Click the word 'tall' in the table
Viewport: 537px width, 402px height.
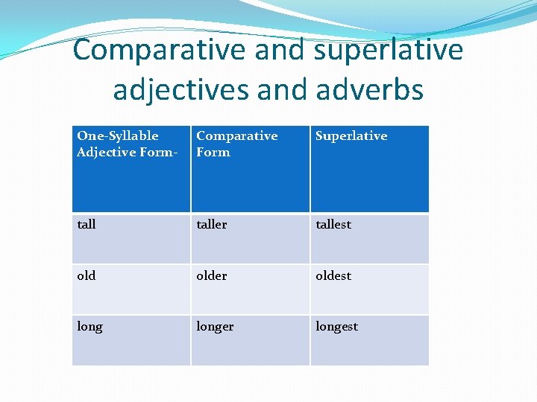(x=87, y=224)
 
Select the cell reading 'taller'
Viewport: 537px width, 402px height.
(x=211, y=224)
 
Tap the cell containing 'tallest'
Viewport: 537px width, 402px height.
(x=333, y=224)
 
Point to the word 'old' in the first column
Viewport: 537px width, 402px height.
(x=87, y=275)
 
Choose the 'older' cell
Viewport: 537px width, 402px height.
(x=211, y=275)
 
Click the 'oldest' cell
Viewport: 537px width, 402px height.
(x=333, y=275)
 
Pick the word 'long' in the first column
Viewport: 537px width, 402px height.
(x=89, y=327)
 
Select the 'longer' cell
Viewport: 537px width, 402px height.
(x=215, y=327)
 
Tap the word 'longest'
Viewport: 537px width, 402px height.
(x=336, y=327)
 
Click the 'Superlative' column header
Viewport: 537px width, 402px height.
(x=351, y=135)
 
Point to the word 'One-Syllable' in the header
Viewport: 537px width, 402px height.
(x=118, y=135)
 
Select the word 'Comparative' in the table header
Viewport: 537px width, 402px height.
(x=236, y=135)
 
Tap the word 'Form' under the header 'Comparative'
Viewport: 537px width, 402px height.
(x=213, y=152)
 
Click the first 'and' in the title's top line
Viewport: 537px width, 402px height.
(x=280, y=50)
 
